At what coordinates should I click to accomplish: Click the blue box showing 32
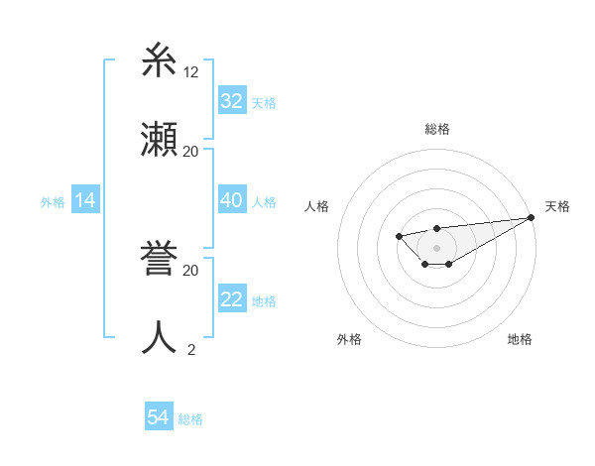232,100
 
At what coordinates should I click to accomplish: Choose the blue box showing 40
232,200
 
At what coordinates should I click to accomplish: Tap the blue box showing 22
232,299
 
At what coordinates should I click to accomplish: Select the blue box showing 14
85,200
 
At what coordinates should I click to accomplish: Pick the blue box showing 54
159,417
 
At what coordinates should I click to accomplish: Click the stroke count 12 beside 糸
191,72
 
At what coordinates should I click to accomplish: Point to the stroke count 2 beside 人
191,349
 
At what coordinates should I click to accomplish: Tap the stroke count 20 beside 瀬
191,151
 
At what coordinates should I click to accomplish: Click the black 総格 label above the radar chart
436,129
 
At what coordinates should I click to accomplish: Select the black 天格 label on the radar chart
557,206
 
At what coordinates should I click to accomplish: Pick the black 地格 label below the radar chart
520,339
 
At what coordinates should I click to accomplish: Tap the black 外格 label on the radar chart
349,339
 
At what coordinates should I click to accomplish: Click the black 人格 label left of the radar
316,206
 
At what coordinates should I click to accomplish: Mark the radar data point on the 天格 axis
531,217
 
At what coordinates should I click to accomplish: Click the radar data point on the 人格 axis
399,236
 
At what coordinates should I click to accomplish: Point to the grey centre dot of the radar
436,248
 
